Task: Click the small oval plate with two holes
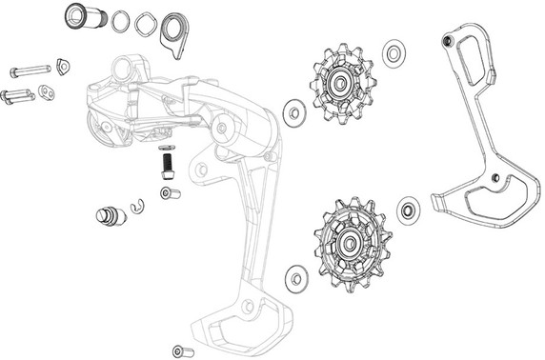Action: (46, 92)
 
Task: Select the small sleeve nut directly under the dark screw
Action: (168, 194)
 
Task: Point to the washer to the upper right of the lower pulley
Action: (410, 209)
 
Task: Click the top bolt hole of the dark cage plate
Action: (447, 41)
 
